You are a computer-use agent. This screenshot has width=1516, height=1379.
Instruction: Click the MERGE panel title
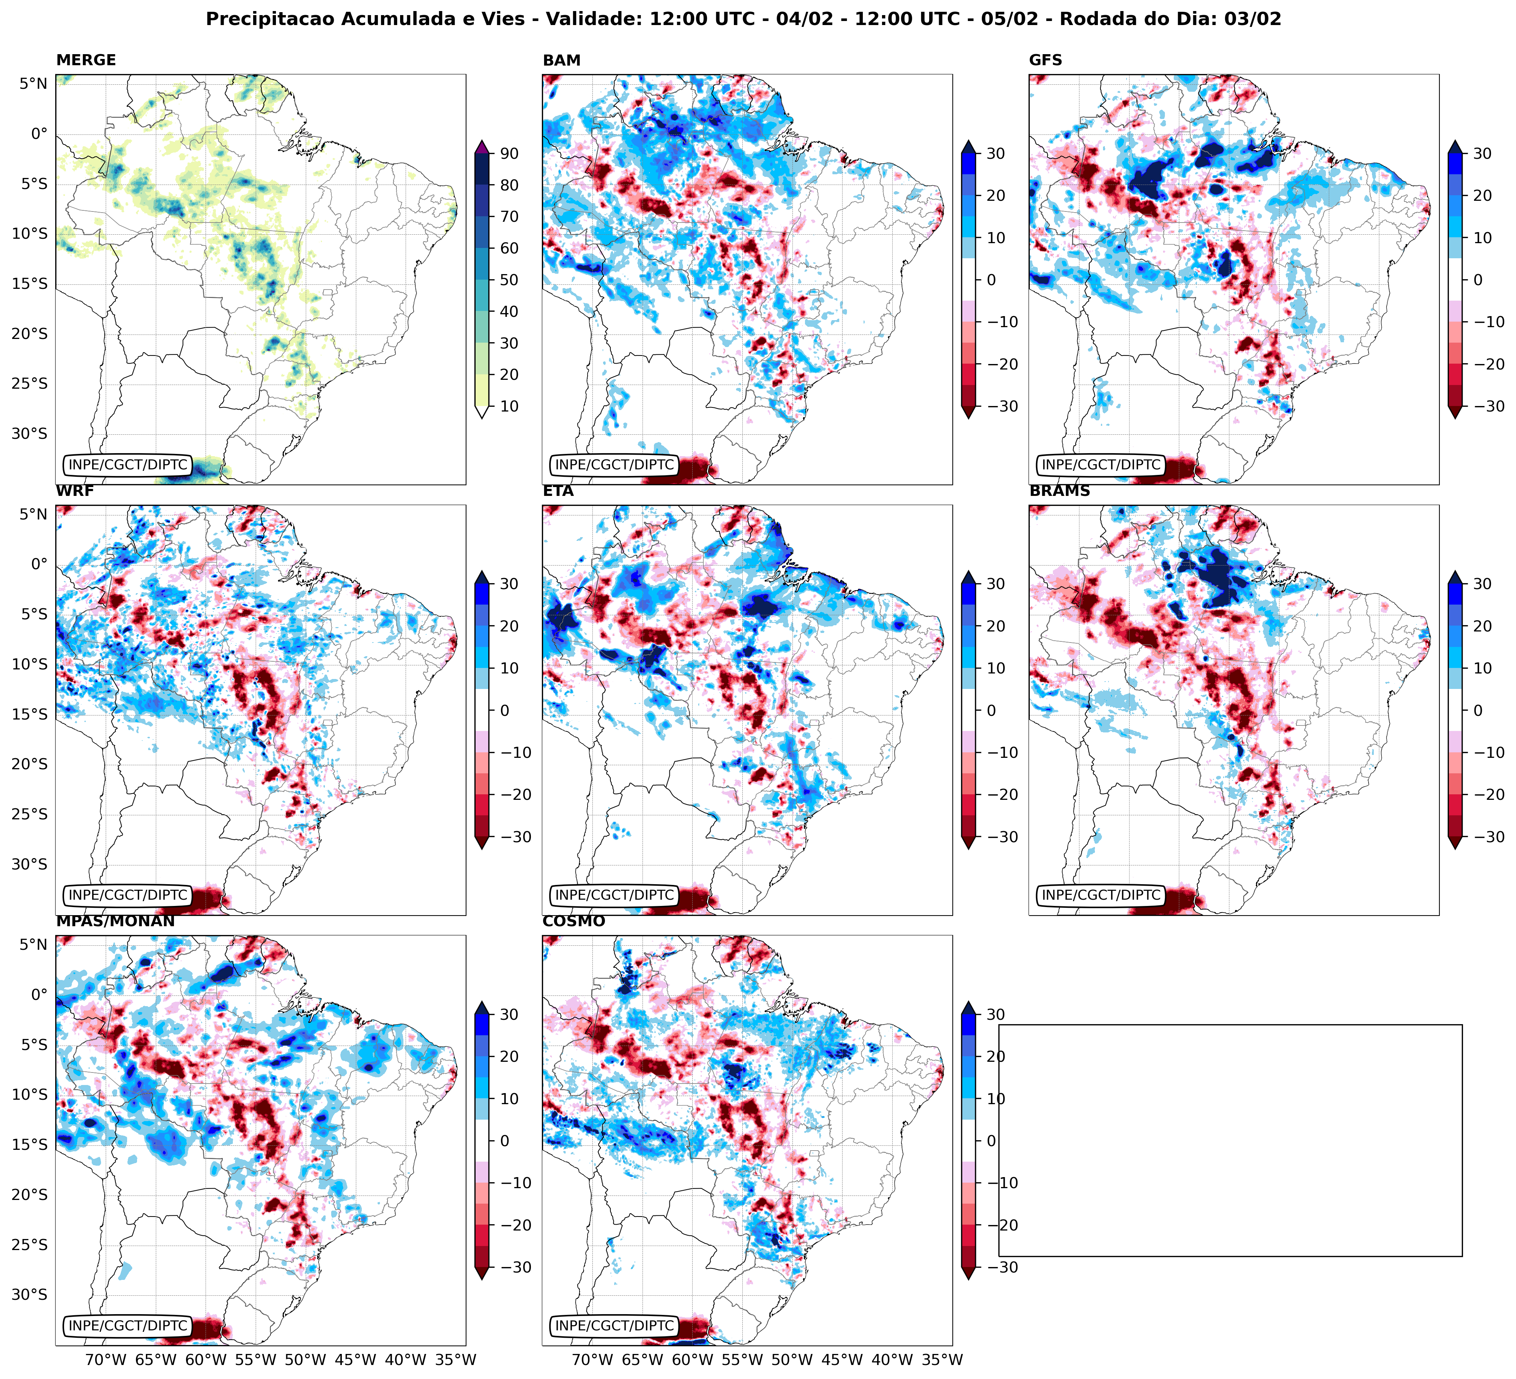click(86, 60)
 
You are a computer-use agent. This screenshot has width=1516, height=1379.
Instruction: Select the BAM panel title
click(561, 60)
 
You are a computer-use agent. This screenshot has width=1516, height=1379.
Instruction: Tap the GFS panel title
click(1045, 60)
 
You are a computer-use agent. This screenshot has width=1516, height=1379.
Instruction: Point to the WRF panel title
click(74, 491)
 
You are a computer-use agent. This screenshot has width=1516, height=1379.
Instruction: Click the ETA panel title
click(558, 491)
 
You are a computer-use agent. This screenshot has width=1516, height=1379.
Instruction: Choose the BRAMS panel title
click(1059, 491)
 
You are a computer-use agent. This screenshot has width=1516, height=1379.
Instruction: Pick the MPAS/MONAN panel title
click(115, 921)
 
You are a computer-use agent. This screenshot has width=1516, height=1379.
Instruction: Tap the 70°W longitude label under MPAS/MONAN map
click(105, 1359)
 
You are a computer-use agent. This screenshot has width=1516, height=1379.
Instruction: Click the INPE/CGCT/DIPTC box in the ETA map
click(615, 896)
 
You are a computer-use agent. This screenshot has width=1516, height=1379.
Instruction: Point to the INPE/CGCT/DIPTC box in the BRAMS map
click(1101, 896)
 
